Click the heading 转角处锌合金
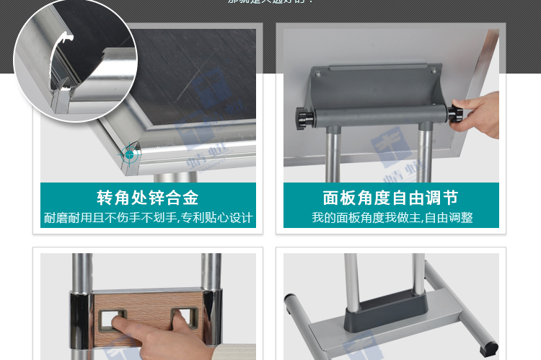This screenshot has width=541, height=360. click(x=148, y=198)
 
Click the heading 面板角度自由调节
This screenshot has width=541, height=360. click(x=390, y=198)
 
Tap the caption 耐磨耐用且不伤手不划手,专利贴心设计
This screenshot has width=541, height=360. click(x=148, y=217)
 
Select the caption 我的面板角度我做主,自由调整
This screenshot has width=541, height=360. click(x=390, y=217)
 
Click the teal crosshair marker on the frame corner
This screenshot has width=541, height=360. click(x=129, y=154)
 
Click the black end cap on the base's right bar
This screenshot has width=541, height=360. click(x=492, y=348)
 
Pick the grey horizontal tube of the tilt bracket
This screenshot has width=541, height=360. click(x=375, y=115)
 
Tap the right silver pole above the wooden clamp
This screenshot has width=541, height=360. click(x=211, y=271)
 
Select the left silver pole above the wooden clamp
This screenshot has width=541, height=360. click(x=81, y=271)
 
